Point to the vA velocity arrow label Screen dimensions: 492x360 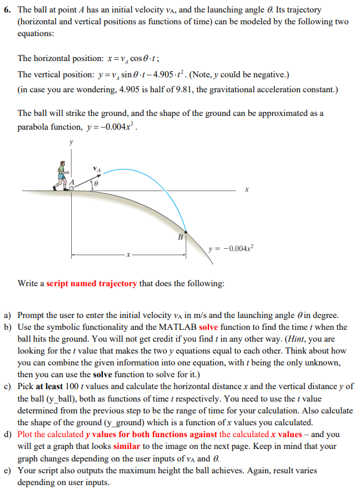(x=97, y=169)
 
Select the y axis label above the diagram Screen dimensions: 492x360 (x=71, y=143)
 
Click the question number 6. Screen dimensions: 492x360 (x=7, y=11)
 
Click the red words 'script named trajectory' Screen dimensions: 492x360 (x=92, y=284)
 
